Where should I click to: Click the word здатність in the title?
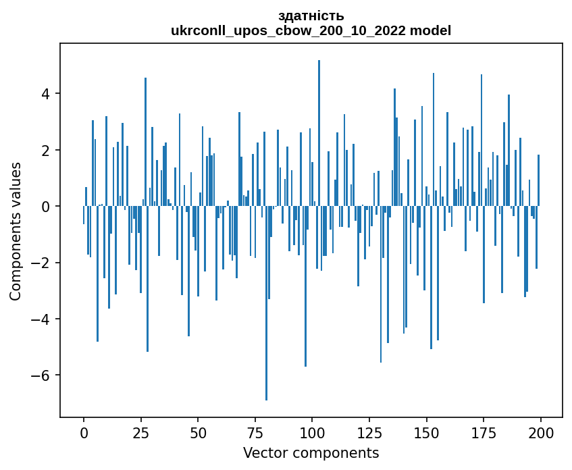pos(311,16)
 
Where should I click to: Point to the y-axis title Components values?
pos(16,231)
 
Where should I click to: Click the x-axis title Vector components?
pos(311,452)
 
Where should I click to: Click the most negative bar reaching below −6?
pos(266,304)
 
